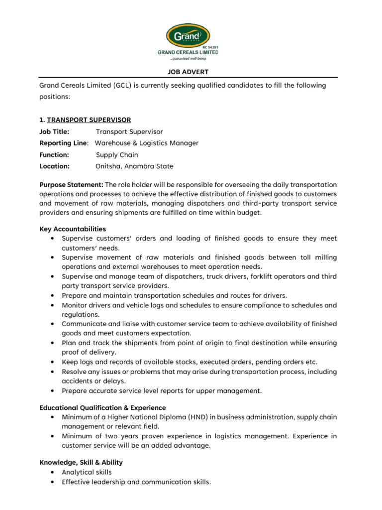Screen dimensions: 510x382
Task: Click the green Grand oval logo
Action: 188,36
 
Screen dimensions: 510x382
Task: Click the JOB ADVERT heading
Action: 189,72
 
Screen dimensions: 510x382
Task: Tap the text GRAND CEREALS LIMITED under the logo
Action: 188,52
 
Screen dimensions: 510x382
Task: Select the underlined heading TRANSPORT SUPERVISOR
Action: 89,120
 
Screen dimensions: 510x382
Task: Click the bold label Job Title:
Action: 55,131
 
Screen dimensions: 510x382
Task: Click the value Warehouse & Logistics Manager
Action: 147,143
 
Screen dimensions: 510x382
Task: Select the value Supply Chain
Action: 117,155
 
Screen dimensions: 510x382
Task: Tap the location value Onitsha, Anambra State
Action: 134,166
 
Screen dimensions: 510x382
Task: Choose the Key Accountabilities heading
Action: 73,229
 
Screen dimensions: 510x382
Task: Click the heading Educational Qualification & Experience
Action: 103,408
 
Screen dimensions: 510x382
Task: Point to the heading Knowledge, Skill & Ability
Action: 81,462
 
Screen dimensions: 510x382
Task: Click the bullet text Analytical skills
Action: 87,472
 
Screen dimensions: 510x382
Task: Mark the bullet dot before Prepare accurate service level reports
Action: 52,391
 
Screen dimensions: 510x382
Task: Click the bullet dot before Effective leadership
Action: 52,482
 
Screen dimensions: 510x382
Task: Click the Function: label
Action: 54,155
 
